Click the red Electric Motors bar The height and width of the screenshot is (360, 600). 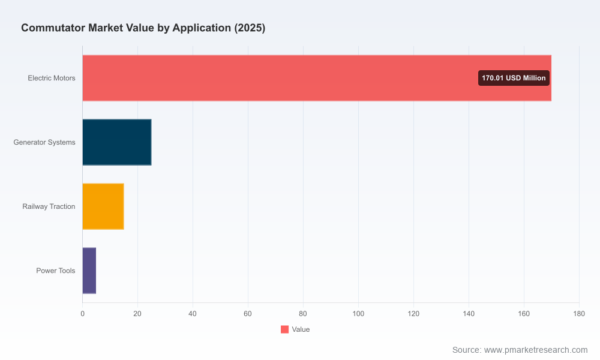click(x=317, y=78)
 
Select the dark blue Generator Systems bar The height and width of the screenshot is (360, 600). click(x=117, y=142)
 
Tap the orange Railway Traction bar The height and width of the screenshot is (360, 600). click(x=103, y=206)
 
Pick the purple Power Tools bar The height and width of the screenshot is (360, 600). click(x=89, y=271)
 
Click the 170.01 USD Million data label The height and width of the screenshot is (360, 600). click(x=514, y=78)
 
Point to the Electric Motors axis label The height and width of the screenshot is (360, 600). click(x=52, y=78)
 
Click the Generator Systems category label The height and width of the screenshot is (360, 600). click(x=44, y=142)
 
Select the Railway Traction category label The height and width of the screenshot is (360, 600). click(x=49, y=206)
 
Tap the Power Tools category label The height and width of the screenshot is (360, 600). click(x=56, y=271)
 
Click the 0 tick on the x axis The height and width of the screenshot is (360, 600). click(x=83, y=314)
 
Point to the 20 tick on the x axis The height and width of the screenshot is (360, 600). click(x=137, y=314)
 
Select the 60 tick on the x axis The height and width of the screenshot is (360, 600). click(x=248, y=314)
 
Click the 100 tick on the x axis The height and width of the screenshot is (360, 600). click(x=359, y=314)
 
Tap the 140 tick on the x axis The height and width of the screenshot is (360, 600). click(x=469, y=314)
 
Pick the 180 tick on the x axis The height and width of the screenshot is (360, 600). click(x=580, y=314)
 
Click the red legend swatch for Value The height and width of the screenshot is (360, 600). click(x=284, y=329)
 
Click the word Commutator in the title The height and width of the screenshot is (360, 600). click(x=53, y=28)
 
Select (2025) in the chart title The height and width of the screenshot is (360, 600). click(x=250, y=28)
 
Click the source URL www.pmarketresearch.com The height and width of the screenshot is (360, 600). click(x=536, y=350)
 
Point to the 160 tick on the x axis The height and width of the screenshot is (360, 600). click(x=524, y=314)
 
